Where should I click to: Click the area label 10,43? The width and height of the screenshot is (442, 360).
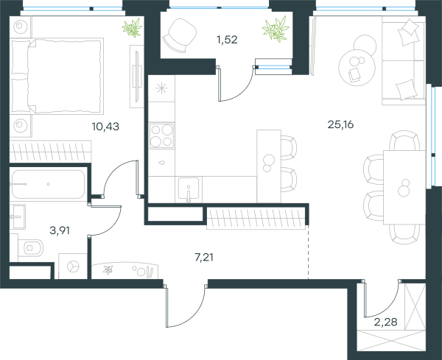click(105, 127)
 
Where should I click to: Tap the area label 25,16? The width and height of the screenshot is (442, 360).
click(340, 124)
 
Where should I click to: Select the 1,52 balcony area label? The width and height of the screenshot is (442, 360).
click(227, 40)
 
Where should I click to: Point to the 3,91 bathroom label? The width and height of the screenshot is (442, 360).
click(60, 230)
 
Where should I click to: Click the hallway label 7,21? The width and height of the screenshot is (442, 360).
click(204, 257)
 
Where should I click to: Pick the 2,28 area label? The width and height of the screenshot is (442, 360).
click(385, 322)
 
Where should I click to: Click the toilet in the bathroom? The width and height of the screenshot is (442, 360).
click(30, 247)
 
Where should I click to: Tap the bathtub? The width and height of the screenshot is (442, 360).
click(48, 184)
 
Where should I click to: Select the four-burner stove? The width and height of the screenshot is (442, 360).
click(162, 135)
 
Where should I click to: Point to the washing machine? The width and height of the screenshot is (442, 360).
click(73, 267)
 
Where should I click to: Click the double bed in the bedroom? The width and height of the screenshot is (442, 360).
click(57, 76)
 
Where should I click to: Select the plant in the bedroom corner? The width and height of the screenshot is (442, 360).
click(132, 27)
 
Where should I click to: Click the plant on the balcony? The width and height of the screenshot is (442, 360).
click(276, 29)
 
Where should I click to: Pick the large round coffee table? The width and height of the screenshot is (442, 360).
click(357, 68)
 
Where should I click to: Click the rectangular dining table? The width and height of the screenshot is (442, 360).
click(404, 187)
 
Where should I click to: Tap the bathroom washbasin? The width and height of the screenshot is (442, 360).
click(17, 216)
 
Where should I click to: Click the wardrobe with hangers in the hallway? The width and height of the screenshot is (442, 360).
click(256, 218)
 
